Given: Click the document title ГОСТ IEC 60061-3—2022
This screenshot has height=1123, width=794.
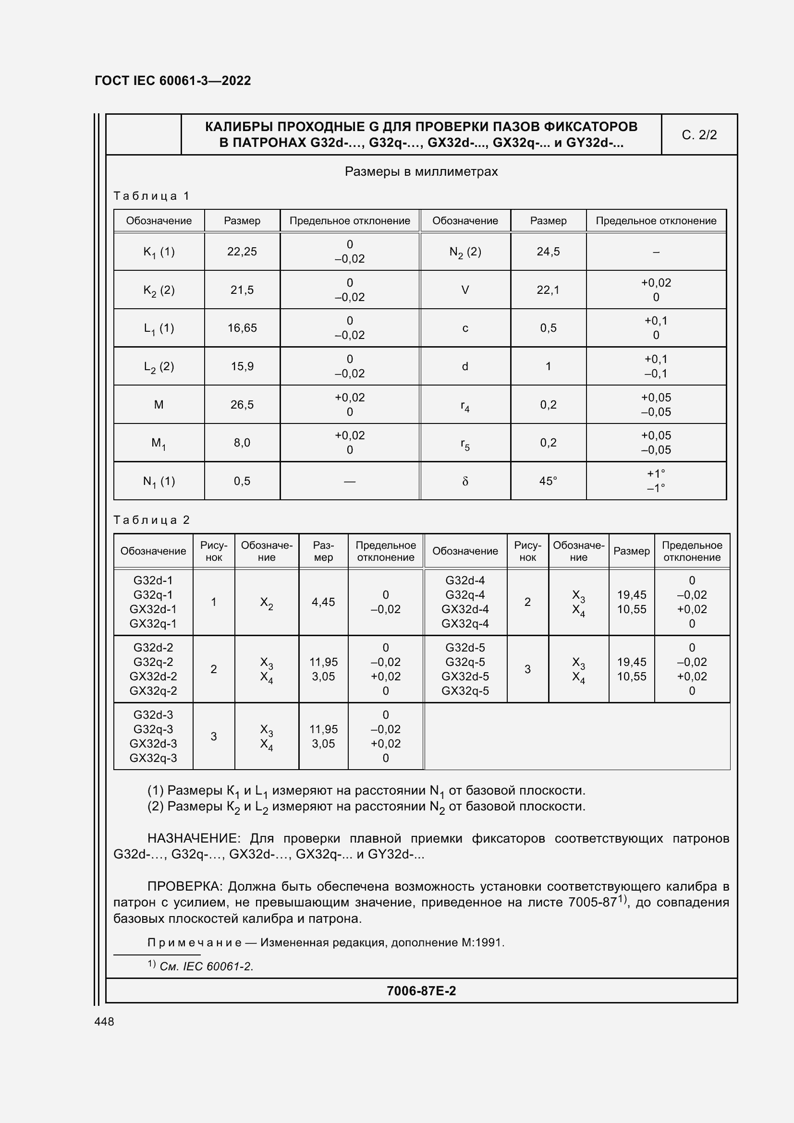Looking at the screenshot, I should click(x=172, y=81).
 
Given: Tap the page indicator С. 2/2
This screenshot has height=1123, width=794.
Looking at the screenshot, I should click(x=698, y=135).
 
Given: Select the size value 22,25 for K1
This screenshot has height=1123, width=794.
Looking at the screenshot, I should click(x=242, y=252).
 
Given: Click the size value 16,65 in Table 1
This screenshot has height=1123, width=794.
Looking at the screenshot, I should click(x=242, y=328).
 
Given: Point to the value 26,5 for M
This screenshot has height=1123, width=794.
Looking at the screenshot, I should click(x=242, y=404).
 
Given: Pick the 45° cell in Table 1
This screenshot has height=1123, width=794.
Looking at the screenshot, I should click(x=548, y=481).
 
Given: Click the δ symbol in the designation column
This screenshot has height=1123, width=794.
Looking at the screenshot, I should click(x=465, y=481).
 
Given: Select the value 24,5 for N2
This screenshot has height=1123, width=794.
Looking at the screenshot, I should click(x=548, y=252).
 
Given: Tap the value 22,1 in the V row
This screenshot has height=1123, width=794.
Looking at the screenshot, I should click(x=548, y=290).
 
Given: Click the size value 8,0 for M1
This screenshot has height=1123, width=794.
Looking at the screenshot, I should click(x=242, y=443).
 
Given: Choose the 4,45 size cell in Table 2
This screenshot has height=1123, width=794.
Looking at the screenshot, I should click(x=323, y=602).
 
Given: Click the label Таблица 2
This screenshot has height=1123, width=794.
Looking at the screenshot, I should click(x=151, y=519).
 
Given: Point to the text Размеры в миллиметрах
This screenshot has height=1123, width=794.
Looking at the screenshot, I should click(x=421, y=172).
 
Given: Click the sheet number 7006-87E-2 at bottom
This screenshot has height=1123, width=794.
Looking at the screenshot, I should click(x=421, y=990).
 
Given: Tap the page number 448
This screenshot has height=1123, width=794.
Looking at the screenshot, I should click(x=104, y=1021).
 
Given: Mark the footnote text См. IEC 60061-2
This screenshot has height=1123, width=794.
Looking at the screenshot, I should click(x=207, y=966).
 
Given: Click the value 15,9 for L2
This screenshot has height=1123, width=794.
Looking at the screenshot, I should click(x=242, y=366).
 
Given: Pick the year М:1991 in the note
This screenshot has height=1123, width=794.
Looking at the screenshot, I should click(x=482, y=942).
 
